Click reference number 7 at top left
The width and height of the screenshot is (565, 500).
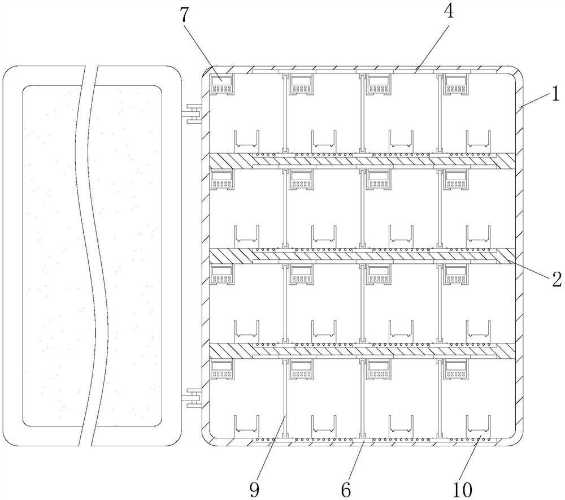184,16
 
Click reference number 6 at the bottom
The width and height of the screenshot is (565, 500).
346,489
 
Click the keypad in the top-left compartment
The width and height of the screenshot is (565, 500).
221,85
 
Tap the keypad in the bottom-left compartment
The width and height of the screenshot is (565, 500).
221,369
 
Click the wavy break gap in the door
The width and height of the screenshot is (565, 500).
91,254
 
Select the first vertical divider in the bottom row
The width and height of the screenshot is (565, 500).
284,398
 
